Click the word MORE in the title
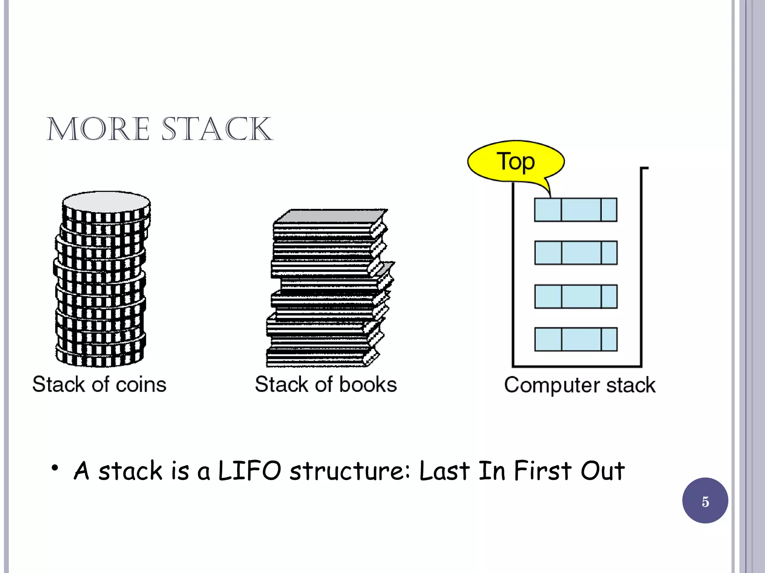tap(98, 129)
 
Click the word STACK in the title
tap(217, 129)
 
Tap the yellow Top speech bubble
tap(515, 162)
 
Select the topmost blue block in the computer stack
tap(575, 210)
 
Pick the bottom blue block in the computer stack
tap(576, 339)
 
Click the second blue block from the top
tap(576, 253)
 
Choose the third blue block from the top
tap(576, 296)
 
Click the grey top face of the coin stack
tap(106, 202)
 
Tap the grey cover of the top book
tap(331, 216)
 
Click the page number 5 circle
tap(705, 501)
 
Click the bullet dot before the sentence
tap(55, 468)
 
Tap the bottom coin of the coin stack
tap(100, 359)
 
